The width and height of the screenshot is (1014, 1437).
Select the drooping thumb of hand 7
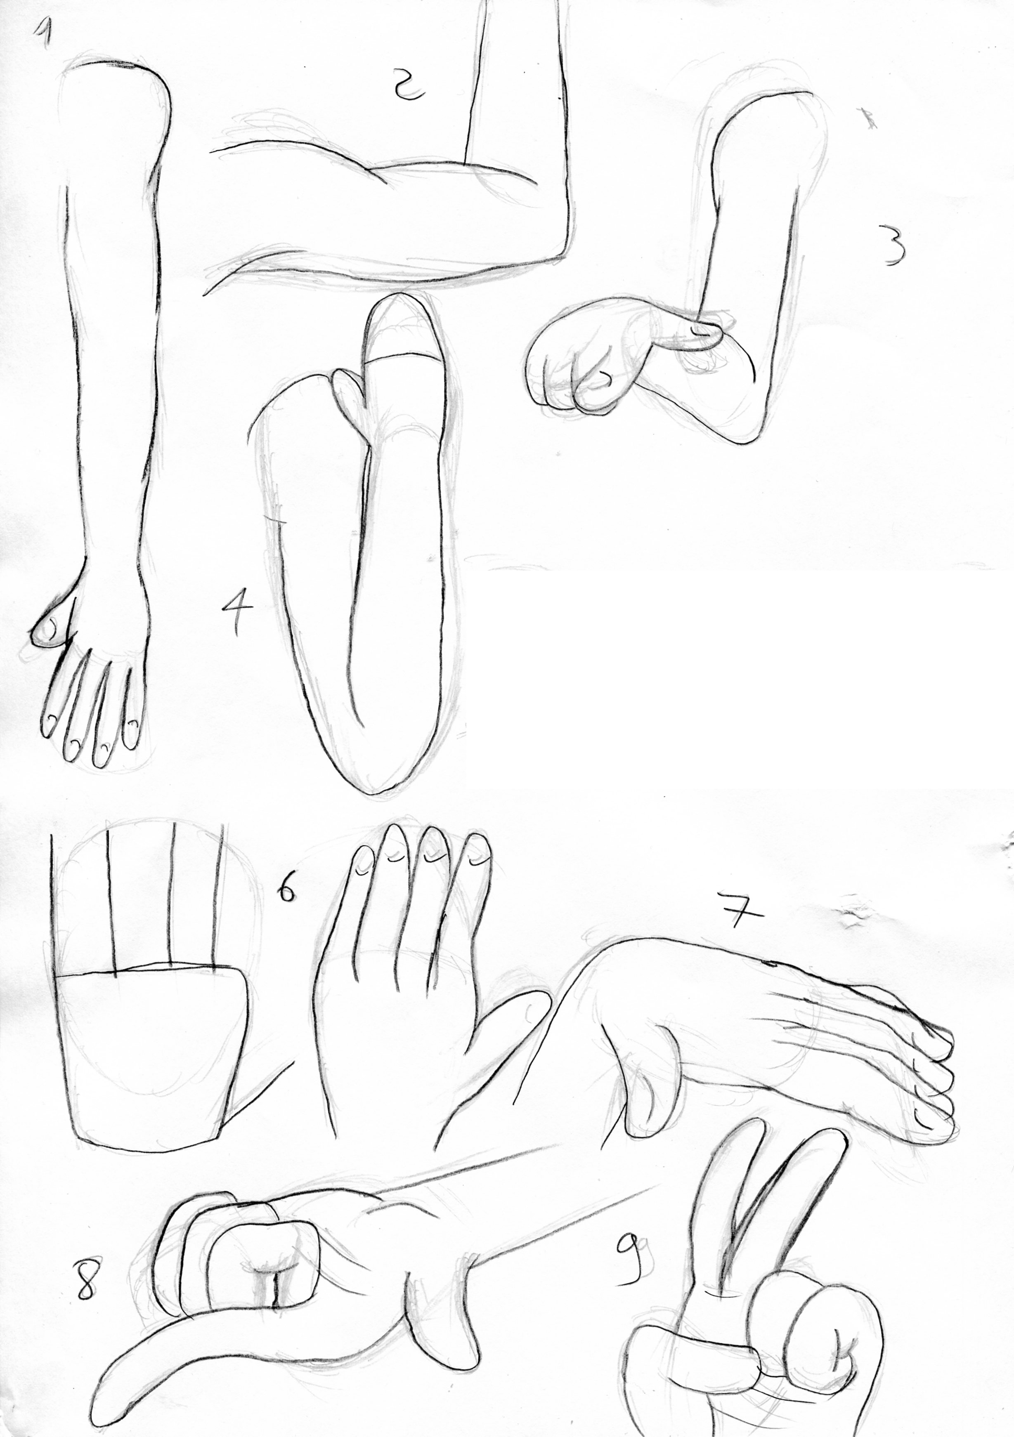coord(651,1070)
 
